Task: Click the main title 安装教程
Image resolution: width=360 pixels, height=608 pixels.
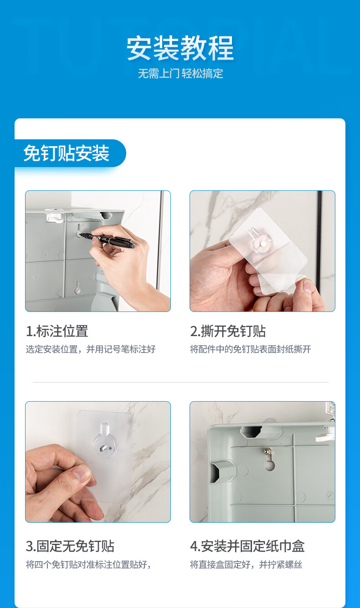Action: point(180,48)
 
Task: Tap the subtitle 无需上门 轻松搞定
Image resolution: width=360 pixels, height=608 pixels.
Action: point(180,74)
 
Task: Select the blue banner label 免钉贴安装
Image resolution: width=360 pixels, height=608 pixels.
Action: point(67,153)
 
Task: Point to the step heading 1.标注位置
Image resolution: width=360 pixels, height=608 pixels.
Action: point(57,331)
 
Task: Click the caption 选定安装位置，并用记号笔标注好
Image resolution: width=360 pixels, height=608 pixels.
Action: point(91,349)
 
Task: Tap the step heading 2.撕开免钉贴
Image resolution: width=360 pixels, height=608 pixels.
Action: point(228,331)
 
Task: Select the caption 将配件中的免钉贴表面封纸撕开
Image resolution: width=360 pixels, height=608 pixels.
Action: point(250,349)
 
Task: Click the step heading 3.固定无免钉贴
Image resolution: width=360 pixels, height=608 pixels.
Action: point(70,546)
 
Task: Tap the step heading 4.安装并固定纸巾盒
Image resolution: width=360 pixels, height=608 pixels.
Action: point(247,546)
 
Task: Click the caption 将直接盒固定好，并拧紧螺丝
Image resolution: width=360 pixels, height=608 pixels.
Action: point(246,564)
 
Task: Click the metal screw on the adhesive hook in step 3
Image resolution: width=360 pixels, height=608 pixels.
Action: point(103,447)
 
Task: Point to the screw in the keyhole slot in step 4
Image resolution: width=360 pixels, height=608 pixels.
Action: point(267,451)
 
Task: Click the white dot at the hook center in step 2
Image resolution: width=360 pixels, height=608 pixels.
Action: point(263,245)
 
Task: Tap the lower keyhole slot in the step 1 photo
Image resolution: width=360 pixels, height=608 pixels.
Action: point(77,288)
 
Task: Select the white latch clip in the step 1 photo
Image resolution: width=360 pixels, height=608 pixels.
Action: point(56,216)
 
